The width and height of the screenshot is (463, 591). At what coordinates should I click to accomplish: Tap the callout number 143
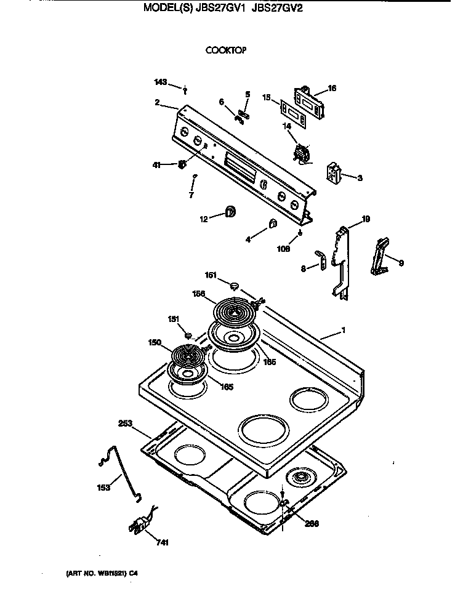[x=160, y=82]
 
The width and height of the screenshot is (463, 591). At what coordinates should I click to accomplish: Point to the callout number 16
[x=332, y=89]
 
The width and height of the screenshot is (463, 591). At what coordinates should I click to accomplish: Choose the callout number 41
[x=157, y=164]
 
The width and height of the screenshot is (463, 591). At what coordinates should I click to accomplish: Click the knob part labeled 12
[x=230, y=212]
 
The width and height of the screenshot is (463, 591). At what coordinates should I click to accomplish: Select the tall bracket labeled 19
[x=340, y=259]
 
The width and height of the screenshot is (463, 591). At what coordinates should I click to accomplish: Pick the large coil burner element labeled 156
[x=233, y=312]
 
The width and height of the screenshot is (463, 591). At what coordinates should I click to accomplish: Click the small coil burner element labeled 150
[x=188, y=356]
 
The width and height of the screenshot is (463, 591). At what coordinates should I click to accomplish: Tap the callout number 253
[x=126, y=424]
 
